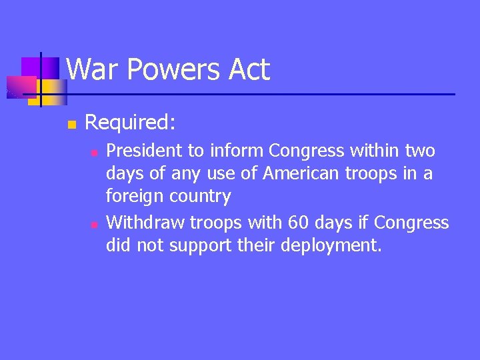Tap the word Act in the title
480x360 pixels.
[247, 70]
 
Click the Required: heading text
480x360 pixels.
[131, 122]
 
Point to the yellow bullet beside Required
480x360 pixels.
[73, 124]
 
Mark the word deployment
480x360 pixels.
[331, 246]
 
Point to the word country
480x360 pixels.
[200, 197]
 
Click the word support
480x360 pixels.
[200, 246]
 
